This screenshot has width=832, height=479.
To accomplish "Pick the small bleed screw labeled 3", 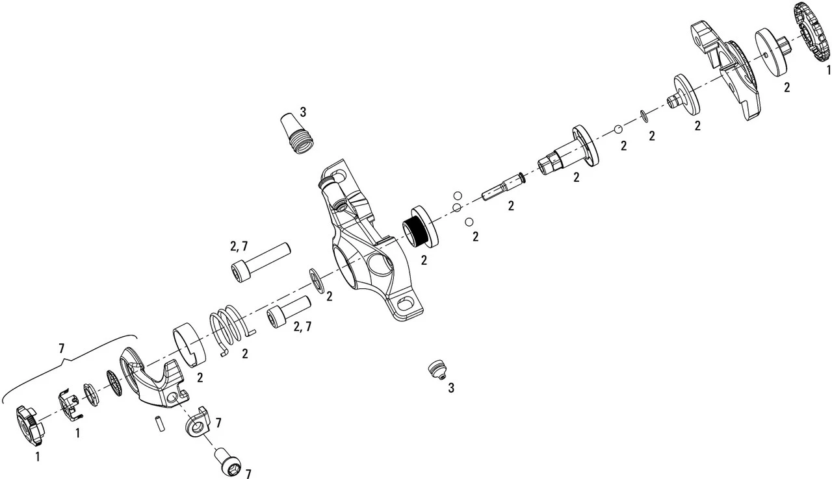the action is point(437,369).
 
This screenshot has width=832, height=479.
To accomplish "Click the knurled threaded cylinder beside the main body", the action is point(421,226).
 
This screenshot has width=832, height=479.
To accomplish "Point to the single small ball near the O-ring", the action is point(617,130).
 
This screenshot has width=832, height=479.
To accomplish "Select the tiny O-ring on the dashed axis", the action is point(644,116).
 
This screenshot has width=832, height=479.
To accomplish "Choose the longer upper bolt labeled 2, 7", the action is point(261,262).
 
